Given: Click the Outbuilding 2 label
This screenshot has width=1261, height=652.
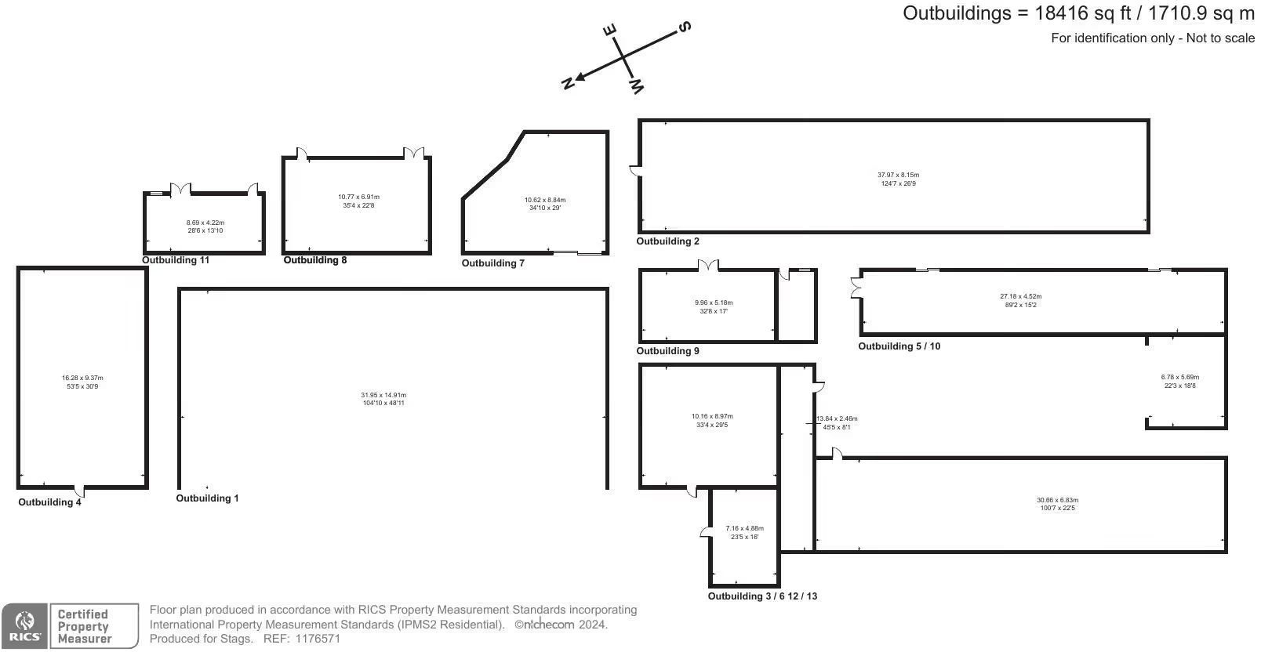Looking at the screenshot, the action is (x=667, y=241).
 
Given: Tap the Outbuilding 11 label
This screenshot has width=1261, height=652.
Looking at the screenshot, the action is (x=176, y=260).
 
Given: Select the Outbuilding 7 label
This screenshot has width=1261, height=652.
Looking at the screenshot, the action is (x=493, y=263).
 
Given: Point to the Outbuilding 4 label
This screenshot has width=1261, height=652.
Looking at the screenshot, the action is (x=49, y=502).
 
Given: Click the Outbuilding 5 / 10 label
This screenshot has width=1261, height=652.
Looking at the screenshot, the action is (x=899, y=346).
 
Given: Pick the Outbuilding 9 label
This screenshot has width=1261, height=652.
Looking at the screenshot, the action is (x=667, y=351).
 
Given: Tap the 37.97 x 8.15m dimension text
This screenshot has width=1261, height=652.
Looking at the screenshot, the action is (x=899, y=175).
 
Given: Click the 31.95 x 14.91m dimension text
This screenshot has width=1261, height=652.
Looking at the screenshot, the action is (x=383, y=395).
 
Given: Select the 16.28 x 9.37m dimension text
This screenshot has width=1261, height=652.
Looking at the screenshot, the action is (x=83, y=378).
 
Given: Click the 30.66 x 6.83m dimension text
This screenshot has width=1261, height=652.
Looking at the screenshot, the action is (x=1058, y=500).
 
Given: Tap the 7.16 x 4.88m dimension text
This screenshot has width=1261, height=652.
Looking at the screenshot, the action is (x=745, y=528).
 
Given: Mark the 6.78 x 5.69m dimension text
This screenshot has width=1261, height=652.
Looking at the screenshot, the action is (x=1180, y=377).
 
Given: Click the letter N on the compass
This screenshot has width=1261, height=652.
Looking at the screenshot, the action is (x=568, y=84).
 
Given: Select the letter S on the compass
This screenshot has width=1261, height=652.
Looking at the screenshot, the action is (x=685, y=27).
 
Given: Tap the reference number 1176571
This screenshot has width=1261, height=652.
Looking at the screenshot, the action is (x=318, y=639).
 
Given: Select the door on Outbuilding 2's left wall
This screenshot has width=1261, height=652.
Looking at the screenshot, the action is (x=635, y=171).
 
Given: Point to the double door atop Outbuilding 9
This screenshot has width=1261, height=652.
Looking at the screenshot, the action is (x=708, y=266).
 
